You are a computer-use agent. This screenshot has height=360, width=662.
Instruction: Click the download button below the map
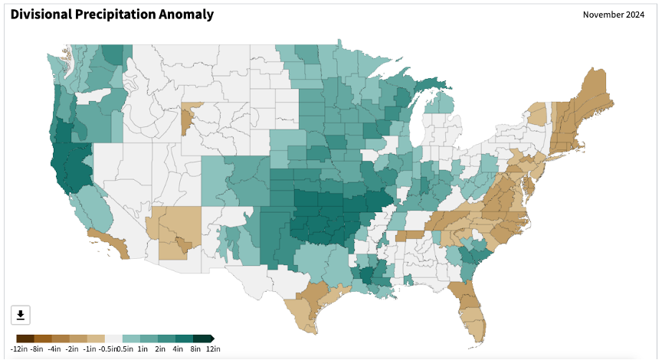(x=20, y=315)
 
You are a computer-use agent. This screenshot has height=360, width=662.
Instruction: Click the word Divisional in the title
(x=41, y=15)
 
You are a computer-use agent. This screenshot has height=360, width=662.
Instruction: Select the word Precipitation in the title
(x=115, y=15)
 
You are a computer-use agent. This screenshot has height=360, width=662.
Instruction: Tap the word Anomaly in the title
(x=186, y=15)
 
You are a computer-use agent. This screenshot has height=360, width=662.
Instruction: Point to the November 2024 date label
(x=614, y=15)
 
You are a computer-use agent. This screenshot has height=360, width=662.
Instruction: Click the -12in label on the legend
(x=18, y=349)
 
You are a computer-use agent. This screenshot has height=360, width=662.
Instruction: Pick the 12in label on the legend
(x=213, y=349)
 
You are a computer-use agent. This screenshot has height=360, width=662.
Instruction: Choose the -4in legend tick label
(x=54, y=349)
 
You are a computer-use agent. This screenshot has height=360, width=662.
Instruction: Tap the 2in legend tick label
(x=160, y=349)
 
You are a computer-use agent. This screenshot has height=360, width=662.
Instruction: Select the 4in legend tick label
(x=178, y=349)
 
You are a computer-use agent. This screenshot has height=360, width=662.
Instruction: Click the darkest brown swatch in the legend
(x=25, y=339)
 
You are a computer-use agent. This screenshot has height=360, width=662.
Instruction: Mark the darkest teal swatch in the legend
(x=202, y=339)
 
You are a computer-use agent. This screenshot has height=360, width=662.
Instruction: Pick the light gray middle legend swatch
(x=113, y=339)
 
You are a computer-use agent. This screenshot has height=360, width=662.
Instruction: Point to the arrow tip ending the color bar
(x=214, y=339)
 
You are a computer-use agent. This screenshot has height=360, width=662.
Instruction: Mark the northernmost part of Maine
(x=594, y=69)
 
